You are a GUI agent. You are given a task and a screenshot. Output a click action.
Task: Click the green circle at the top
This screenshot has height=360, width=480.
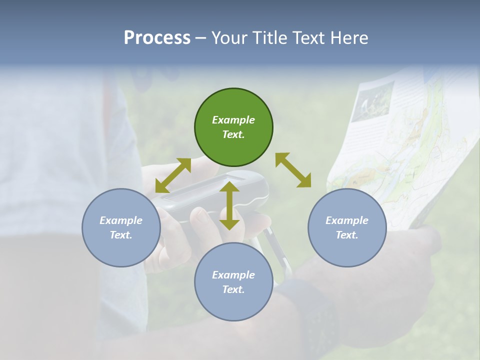233,127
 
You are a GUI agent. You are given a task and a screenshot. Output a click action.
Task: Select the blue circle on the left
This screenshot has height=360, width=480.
121,227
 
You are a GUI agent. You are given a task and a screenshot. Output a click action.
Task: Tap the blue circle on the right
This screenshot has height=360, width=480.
347,227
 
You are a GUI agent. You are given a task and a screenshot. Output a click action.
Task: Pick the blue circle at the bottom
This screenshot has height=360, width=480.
233,282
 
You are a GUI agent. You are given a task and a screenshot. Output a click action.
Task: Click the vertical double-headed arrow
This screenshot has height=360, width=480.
229,205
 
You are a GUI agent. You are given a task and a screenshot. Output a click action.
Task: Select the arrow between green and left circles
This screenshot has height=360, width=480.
173,175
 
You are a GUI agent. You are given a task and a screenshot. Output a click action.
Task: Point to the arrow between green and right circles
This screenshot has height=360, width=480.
293,170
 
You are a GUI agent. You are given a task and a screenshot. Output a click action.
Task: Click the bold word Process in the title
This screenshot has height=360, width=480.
157,38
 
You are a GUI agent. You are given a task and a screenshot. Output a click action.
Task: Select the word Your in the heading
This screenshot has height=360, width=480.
229,38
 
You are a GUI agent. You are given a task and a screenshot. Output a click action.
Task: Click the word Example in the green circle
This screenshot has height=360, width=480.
233,120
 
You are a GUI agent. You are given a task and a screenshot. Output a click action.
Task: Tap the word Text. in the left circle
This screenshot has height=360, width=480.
121,235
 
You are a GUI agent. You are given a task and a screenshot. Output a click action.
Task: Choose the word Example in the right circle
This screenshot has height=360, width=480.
347,220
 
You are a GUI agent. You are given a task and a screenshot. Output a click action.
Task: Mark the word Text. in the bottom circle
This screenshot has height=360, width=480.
233,289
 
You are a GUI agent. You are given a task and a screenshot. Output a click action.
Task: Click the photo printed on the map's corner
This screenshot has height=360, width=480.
372,103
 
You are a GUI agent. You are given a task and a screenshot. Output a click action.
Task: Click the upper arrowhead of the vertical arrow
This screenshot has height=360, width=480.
229,187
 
